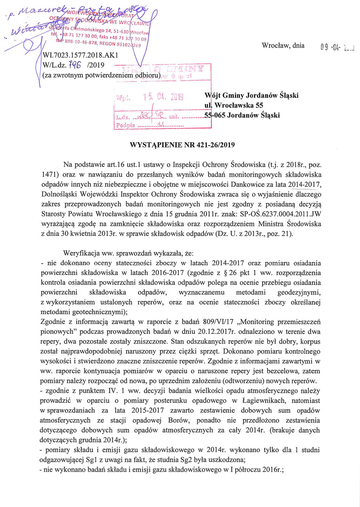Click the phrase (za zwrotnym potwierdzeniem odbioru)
pos(101,75)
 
